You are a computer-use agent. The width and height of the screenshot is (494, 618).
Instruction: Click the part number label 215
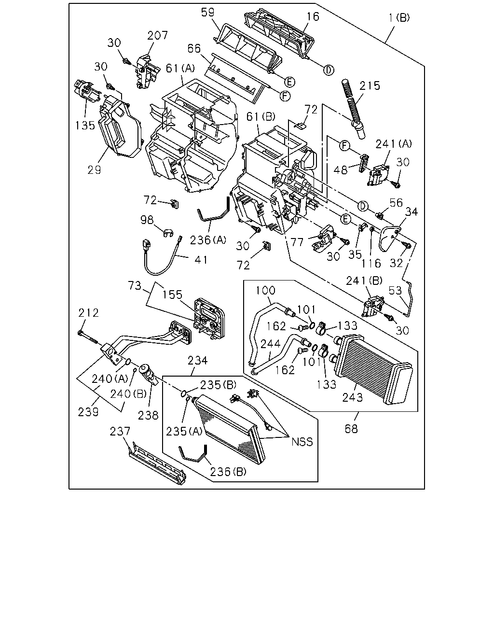(370, 86)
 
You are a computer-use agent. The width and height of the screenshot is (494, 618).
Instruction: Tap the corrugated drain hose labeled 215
(353, 110)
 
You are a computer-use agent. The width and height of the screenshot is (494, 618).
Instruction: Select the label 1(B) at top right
(399, 18)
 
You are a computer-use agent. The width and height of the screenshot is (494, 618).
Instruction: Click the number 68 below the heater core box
(351, 429)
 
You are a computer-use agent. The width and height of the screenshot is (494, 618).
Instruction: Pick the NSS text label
(302, 442)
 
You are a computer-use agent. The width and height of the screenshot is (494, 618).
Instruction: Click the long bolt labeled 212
(87, 337)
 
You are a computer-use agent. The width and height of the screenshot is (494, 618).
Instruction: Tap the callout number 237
(120, 431)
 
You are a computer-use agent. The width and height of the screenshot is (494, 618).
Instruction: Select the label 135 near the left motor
(85, 125)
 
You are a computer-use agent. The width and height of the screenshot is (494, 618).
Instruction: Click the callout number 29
(94, 170)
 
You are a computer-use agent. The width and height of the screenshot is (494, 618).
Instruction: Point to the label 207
(157, 35)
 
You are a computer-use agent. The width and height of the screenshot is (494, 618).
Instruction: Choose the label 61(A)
(180, 69)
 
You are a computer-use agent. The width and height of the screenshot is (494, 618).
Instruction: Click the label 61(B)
(261, 116)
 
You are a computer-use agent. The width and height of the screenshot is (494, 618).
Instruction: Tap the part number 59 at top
(207, 13)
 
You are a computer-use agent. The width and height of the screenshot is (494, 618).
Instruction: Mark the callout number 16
(313, 16)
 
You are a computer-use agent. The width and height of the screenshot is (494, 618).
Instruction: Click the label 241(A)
(394, 143)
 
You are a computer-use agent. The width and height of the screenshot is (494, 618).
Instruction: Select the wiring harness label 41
(201, 260)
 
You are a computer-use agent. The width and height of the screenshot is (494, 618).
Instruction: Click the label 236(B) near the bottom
(228, 472)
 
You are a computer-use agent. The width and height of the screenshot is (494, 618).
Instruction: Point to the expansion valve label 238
(148, 415)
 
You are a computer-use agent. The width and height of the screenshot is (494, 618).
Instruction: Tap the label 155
(172, 295)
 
